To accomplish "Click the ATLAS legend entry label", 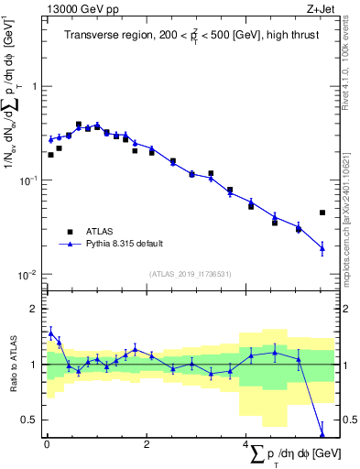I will pos(102,231).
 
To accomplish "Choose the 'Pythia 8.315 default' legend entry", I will pos(125,244).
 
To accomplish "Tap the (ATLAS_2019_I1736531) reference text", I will pos(191,274).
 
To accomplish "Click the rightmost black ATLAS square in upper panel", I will pos(322,213).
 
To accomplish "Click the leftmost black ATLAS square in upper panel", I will pos(50,155).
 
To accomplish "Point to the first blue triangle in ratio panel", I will pos(50,333).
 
